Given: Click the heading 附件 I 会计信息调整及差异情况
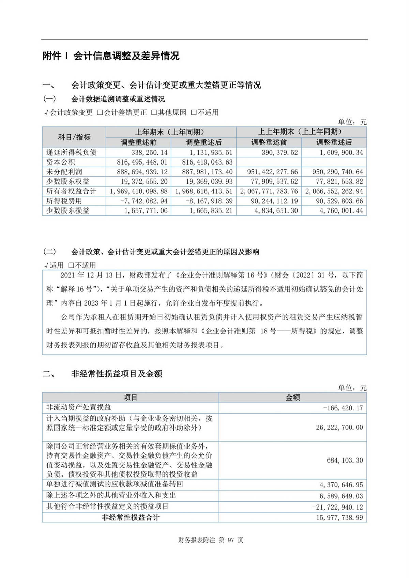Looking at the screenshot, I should pos(111,56).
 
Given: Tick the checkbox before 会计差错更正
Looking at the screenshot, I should pos(100,112).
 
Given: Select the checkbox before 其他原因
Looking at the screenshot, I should pos(154,112).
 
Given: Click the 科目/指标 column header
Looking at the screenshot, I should pos(74,137).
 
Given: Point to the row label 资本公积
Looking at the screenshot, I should pos(61,162).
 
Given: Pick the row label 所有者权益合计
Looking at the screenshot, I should pos(71,191).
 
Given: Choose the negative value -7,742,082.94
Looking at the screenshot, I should pos(144,201).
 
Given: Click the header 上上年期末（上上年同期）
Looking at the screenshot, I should pos(301,132).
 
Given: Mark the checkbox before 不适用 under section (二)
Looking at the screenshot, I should pos(71,265).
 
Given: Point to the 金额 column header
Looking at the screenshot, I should pos(292,397).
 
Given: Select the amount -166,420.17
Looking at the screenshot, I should pos(343,408).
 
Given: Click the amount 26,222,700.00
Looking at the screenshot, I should pos(339,427).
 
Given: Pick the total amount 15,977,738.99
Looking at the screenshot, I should pos(339,518).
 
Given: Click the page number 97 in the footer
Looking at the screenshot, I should pos(231,540).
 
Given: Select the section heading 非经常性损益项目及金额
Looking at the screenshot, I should pos(117,374).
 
